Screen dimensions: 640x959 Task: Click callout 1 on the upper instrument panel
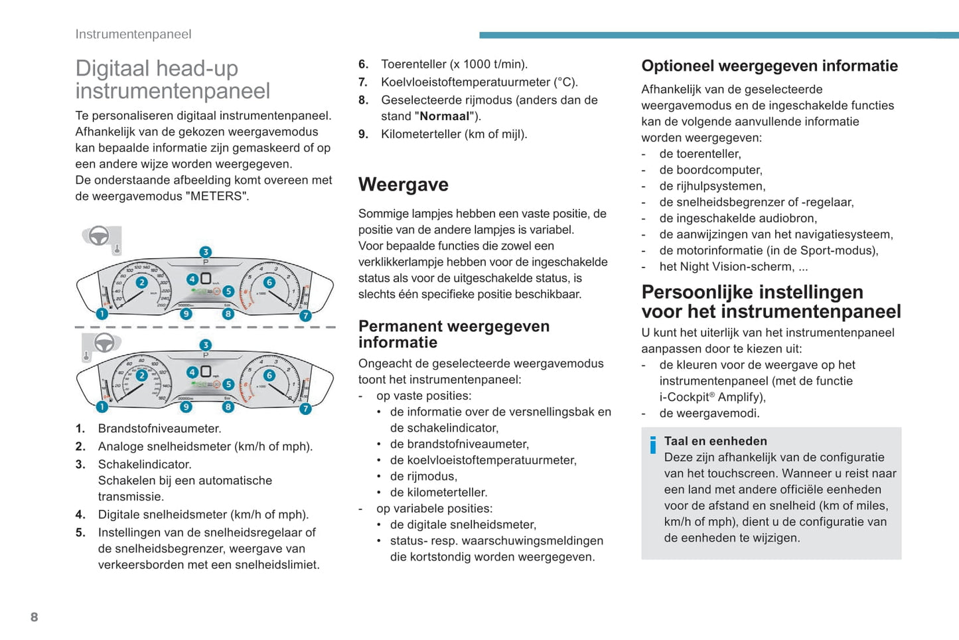click(102, 314)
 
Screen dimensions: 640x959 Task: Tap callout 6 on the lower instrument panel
click(269, 376)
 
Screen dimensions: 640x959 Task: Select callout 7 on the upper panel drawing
click(305, 316)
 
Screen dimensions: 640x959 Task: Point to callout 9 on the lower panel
click(186, 407)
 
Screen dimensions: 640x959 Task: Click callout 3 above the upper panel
click(206, 252)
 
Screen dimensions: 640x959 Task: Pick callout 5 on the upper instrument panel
click(228, 291)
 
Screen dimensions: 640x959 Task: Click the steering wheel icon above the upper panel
click(99, 236)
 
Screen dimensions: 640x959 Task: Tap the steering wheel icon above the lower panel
click(104, 343)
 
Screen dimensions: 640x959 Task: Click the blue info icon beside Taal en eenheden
click(653, 445)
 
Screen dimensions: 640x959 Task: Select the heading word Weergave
click(404, 185)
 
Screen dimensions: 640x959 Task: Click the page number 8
click(35, 617)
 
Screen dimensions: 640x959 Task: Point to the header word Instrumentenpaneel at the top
click(133, 35)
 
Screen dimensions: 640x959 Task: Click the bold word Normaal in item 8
click(444, 116)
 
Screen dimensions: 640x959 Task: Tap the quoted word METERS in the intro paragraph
click(216, 196)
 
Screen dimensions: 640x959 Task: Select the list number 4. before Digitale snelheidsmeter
click(80, 515)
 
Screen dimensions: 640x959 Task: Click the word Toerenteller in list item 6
click(413, 64)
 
